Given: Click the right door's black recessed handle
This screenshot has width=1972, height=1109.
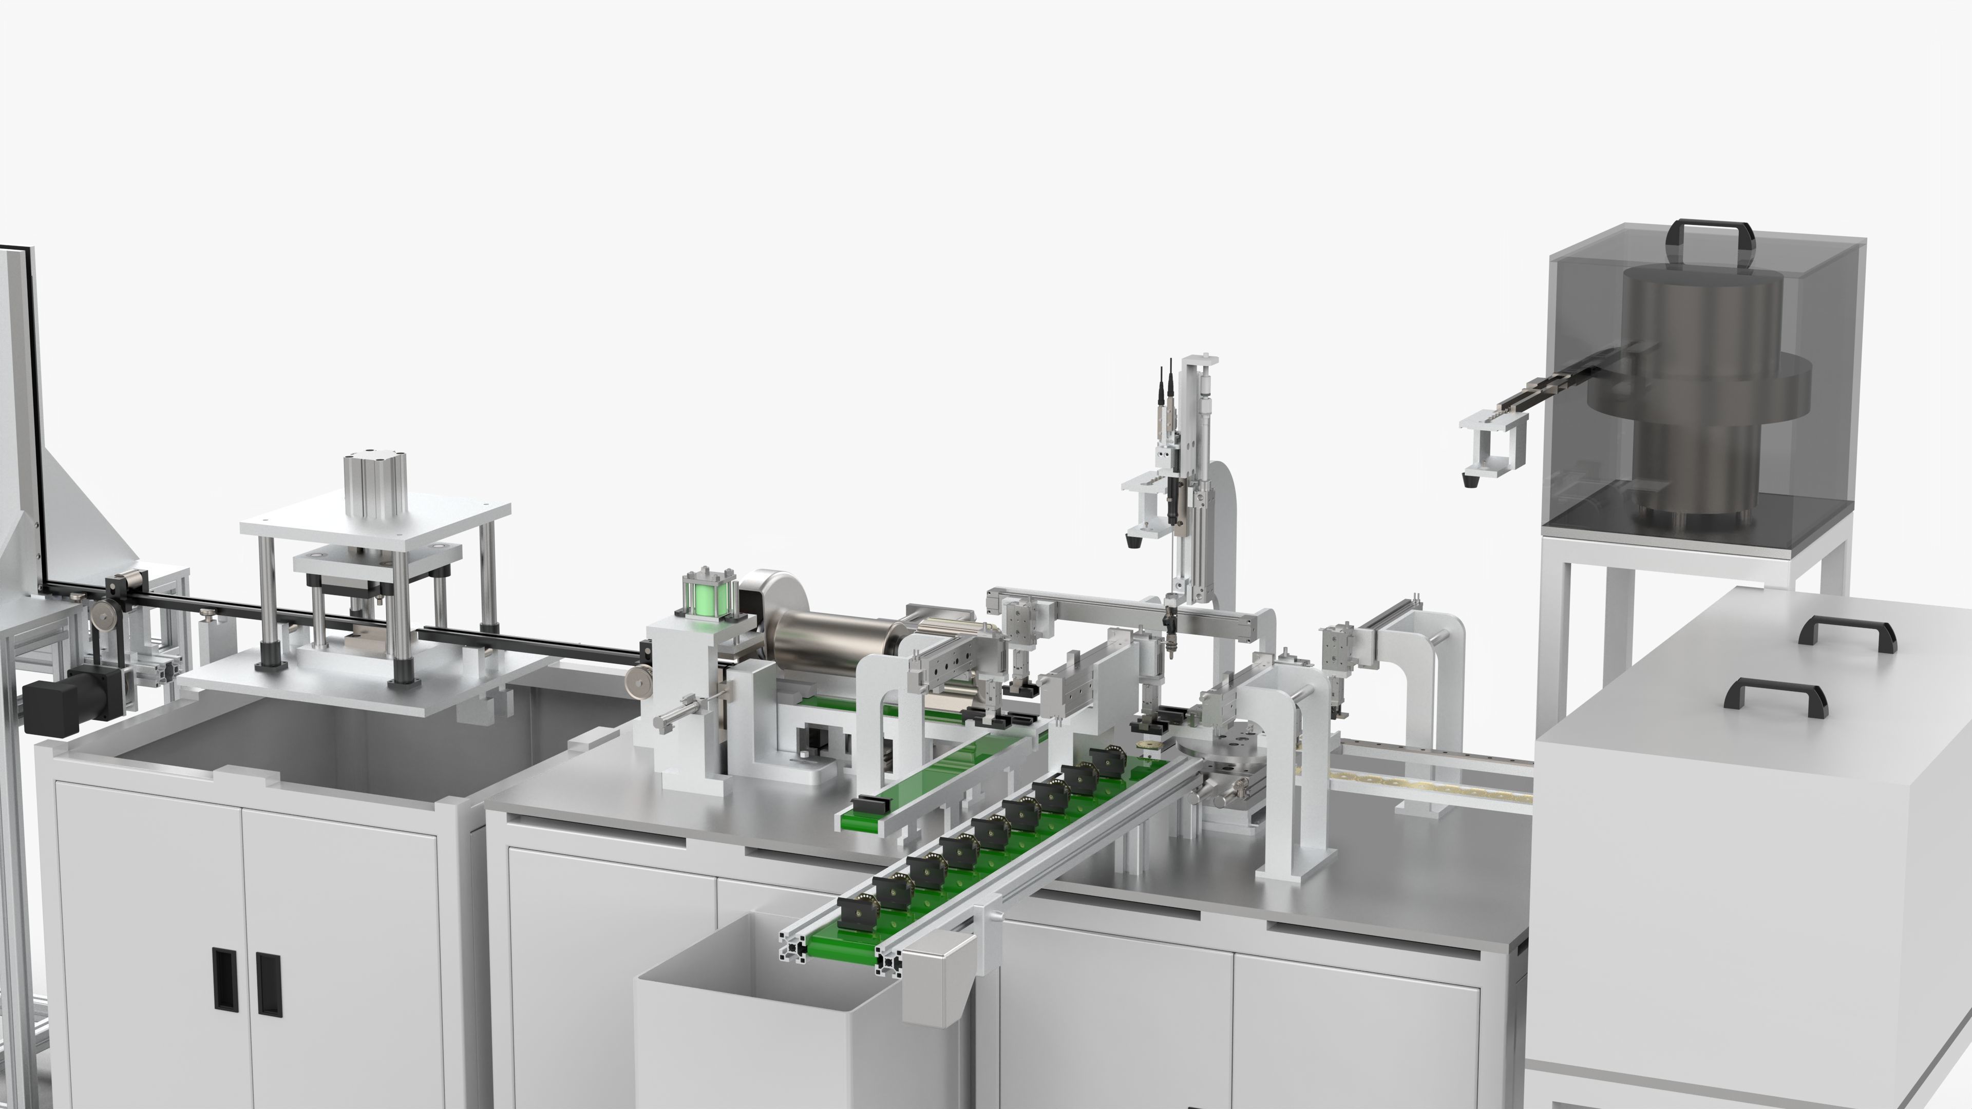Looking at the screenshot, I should pyautogui.click(x=268, y=984).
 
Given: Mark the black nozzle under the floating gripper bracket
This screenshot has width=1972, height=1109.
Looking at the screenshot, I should pyautogui.click(x=1468, y=481).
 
